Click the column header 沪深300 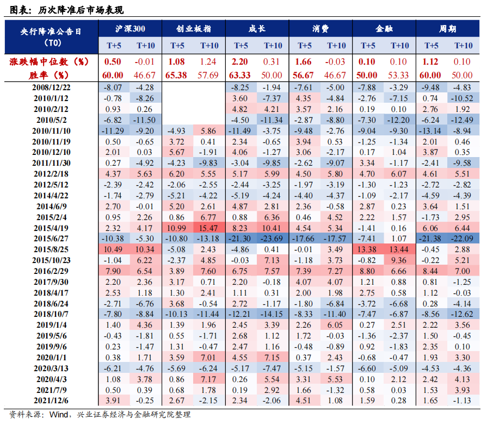pyautogui.click(x=130, y=29)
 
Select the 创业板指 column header pyautogui.click(x=194, y=29)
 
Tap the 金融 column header pyautogui.click(x=384, y=29)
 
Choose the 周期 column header pyautogui.click(x=447, y=29)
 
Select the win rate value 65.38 pyautogui.click(x=177, y=75)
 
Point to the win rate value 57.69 pyautogui.click(x=209, y=75)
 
